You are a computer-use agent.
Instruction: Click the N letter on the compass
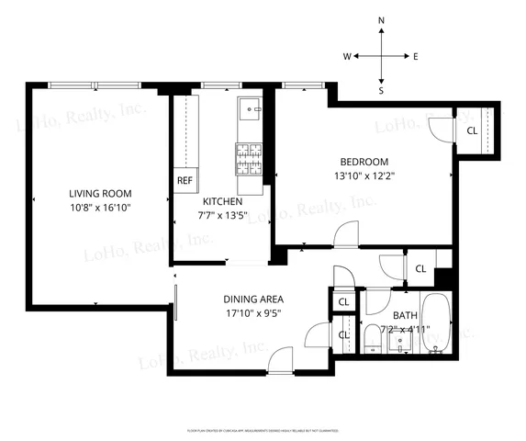point(382,20)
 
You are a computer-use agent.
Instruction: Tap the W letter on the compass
point(348,56)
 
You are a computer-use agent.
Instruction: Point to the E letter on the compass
point(416,56)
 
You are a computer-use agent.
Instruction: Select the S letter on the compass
point(382,91)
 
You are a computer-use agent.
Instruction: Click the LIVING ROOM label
point(100,194)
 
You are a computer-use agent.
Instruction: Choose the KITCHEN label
point(222,201)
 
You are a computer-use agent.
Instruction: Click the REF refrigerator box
point(185,181)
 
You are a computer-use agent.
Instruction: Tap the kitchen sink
point(250,112)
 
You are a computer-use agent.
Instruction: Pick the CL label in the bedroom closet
point(472,130)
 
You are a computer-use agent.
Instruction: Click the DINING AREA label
point(253,299)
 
